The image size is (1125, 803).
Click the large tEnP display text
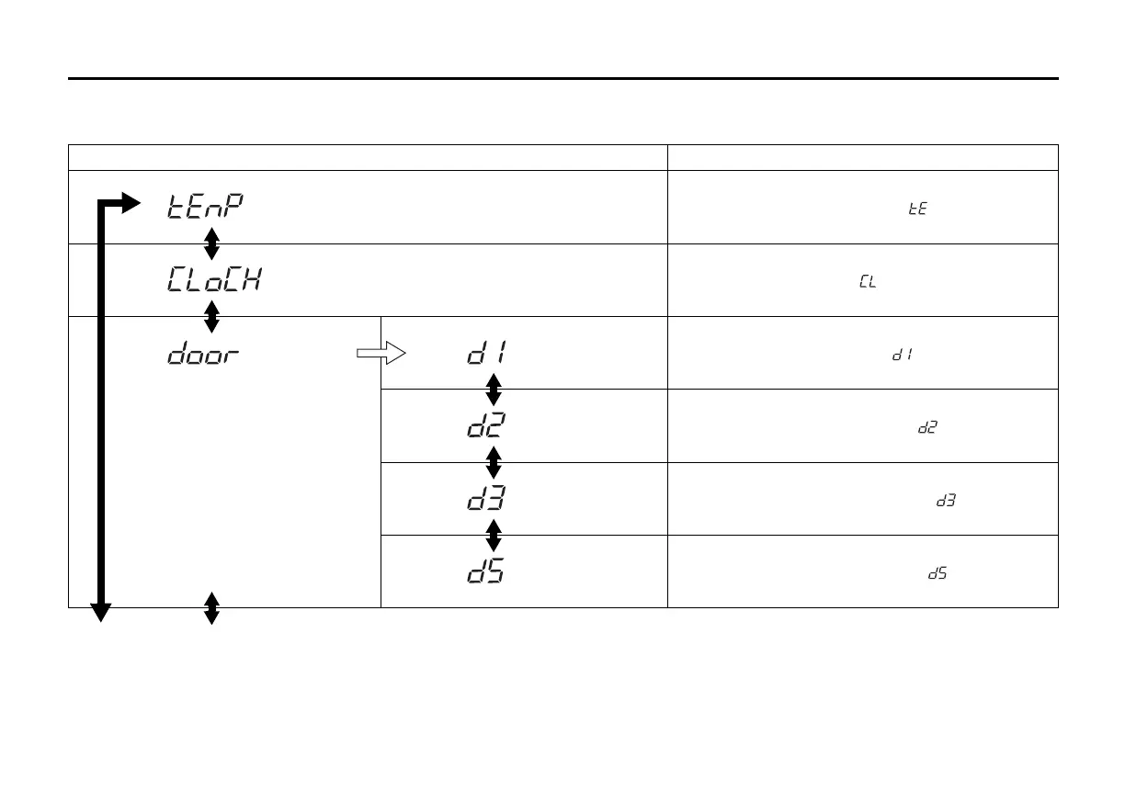click(206, 207)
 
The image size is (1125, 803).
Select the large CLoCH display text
click(214, 279)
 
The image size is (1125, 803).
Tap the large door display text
click(203, 354)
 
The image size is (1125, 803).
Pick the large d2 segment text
click(486, 425)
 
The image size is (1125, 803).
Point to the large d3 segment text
click(486, 499)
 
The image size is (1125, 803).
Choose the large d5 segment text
click(486, 571)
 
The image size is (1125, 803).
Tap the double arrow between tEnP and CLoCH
click(211, 243)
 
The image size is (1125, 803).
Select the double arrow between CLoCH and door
click(211, 317)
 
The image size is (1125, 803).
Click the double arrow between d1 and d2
click(493, 390)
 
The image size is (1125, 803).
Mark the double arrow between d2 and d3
click(493, 462)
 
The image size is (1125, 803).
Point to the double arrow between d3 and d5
click(493, 535)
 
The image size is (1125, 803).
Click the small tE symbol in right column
click(916, 209)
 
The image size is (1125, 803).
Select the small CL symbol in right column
click(867, 282)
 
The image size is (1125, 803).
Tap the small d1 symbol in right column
click(901, 355)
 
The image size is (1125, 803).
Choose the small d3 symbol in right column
click(946, 501)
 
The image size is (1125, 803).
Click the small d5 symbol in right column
click(937, 573)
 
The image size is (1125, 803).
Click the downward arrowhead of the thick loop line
click(100, 613)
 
